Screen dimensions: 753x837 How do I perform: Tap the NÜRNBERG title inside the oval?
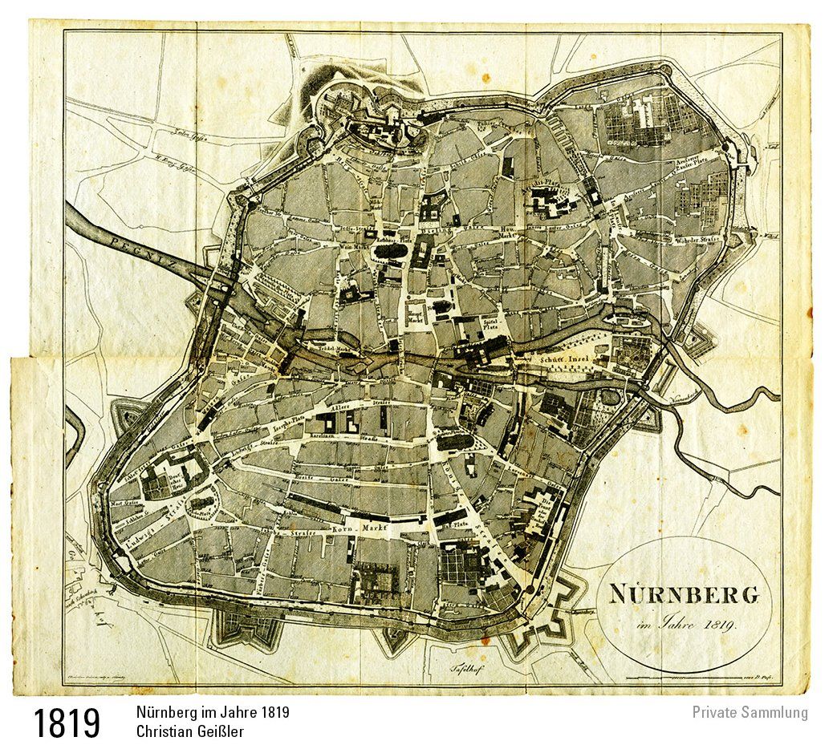click(x=683, y=595)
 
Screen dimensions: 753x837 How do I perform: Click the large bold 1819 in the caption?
click(x=67, y=723)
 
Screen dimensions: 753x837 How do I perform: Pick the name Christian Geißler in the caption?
click(x=189, y=731)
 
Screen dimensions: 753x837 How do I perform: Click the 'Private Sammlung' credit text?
click(x=750, y=712)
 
